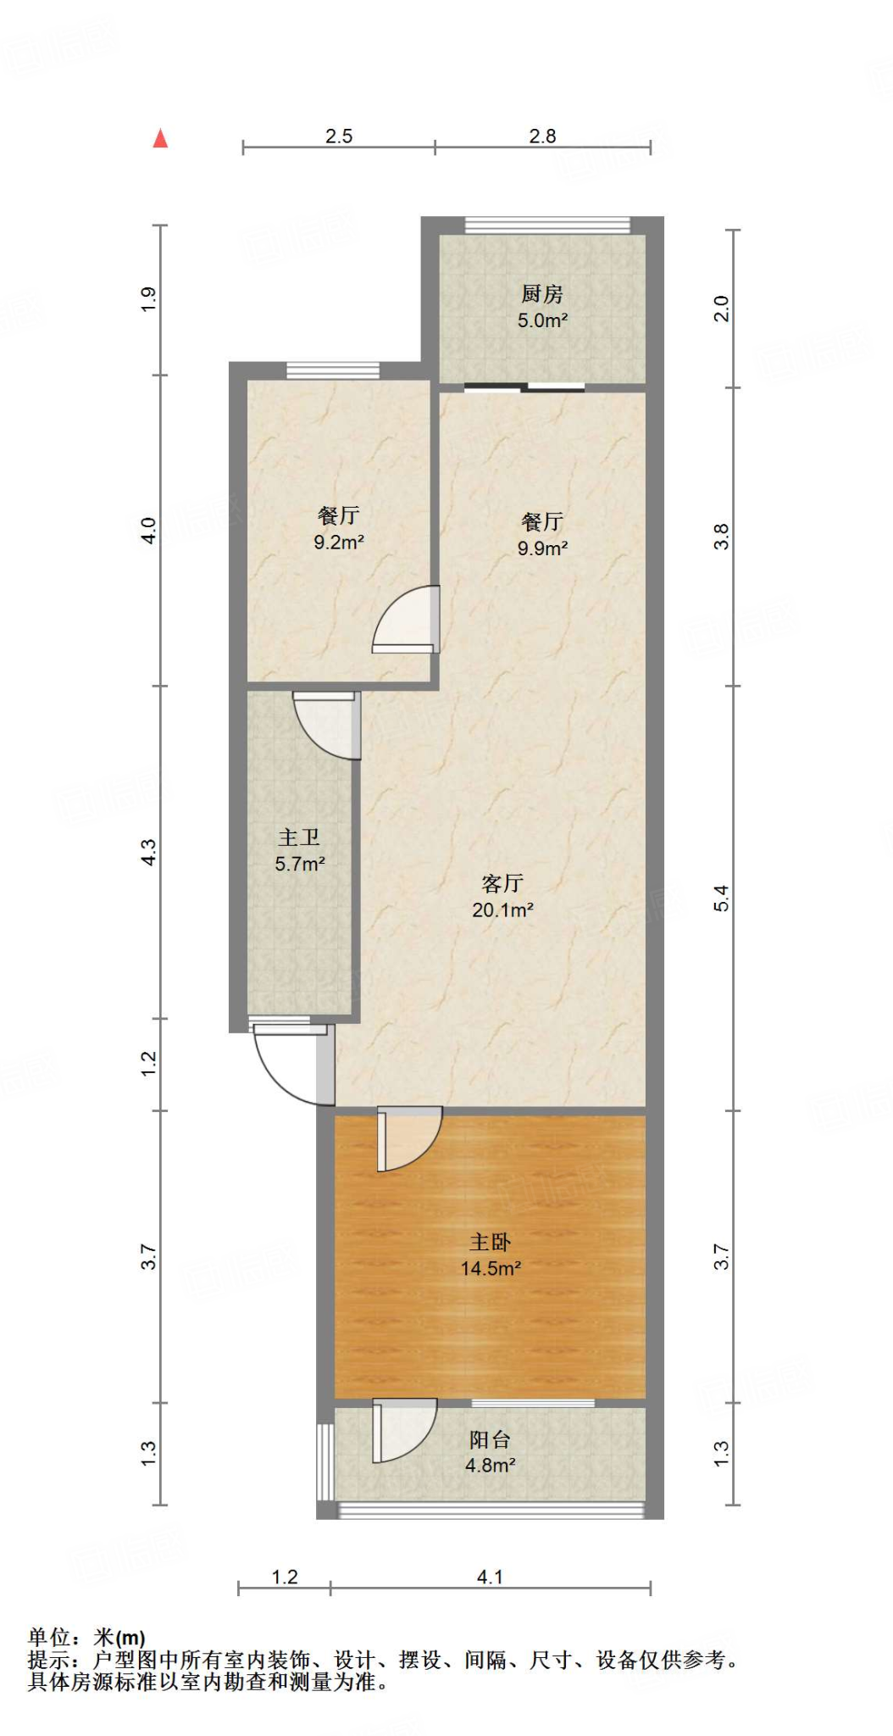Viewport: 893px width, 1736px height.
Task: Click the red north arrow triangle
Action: point(160,138)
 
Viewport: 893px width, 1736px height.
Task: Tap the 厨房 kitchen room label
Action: point(541,294)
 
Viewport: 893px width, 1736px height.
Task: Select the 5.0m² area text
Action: point(542,321)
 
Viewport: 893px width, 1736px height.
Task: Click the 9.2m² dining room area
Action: point(339,542)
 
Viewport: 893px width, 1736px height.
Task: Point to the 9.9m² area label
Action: point(542,548)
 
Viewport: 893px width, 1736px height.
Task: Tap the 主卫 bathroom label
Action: point(299,837)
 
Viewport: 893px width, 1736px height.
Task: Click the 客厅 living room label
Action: point(502,883)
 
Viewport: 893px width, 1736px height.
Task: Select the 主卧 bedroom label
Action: point(491,1243)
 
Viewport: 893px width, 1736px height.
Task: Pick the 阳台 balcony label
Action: point(491,1439)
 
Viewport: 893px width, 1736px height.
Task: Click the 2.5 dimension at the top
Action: point(339,136)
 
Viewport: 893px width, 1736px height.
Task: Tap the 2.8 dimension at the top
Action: point(542,136)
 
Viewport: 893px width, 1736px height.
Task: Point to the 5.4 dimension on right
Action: point(721,898)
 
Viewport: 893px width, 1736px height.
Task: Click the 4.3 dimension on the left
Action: point(148,852)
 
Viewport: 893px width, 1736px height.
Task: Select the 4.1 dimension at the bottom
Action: point(490,1577)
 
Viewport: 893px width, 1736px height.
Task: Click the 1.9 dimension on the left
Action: point(148,299)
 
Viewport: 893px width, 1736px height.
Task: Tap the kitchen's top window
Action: point(547,225)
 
